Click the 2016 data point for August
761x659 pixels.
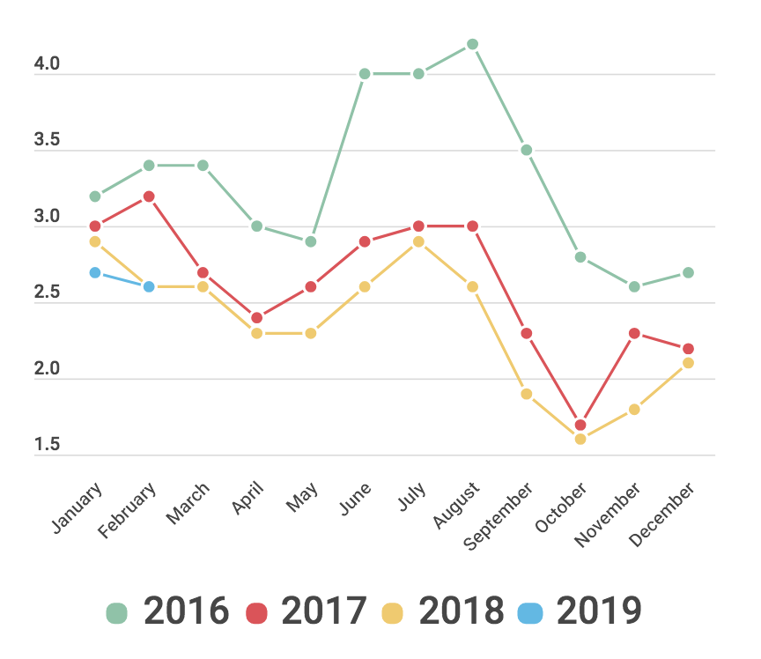point(472,44)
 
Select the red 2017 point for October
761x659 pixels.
point(580,426)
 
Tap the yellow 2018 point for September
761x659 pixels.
point(527,394)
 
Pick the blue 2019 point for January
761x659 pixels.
point(95,273)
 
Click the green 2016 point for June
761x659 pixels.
point(365,74)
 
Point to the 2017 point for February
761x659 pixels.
point(149,196)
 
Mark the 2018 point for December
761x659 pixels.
point(689,363)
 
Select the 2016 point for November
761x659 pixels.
point(634,287)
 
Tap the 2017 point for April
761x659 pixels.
point(257,318)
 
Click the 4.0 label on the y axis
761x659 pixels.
point(48,64)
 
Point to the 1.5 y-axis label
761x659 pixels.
point(48,446)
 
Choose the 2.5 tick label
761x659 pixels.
point(48,293)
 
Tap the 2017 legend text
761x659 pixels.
point(323,611)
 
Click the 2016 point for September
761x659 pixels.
point(527,151)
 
